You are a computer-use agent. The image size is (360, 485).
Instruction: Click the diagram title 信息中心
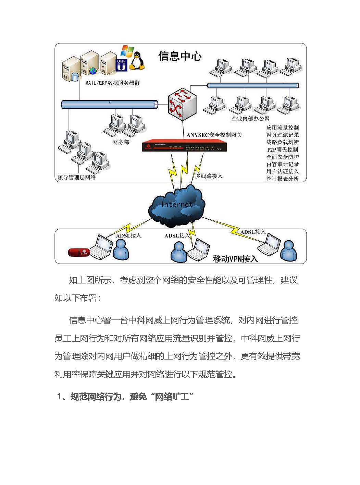tap(180, 57)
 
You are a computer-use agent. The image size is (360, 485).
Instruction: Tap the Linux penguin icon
tap(137, 61)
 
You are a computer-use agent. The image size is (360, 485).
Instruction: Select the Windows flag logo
tap(127, 52)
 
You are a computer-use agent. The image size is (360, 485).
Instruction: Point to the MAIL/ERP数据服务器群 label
tap(112, 83)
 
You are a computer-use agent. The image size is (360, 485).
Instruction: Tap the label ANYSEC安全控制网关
tap(214, 135)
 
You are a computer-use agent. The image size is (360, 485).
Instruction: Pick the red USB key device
tap(79, 253)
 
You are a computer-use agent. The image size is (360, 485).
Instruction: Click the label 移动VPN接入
tap(235, 259)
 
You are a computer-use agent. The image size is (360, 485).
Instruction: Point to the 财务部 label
tap(121, 142)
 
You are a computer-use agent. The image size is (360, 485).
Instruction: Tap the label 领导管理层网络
tap(77, 177)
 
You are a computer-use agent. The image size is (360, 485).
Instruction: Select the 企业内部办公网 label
tap(250, 119)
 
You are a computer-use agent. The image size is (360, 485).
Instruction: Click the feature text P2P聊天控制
tap(282, 149)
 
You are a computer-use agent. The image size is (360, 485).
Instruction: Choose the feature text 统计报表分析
tap(282, 179)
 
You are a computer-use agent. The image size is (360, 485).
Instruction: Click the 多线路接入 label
tap(209, 176)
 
